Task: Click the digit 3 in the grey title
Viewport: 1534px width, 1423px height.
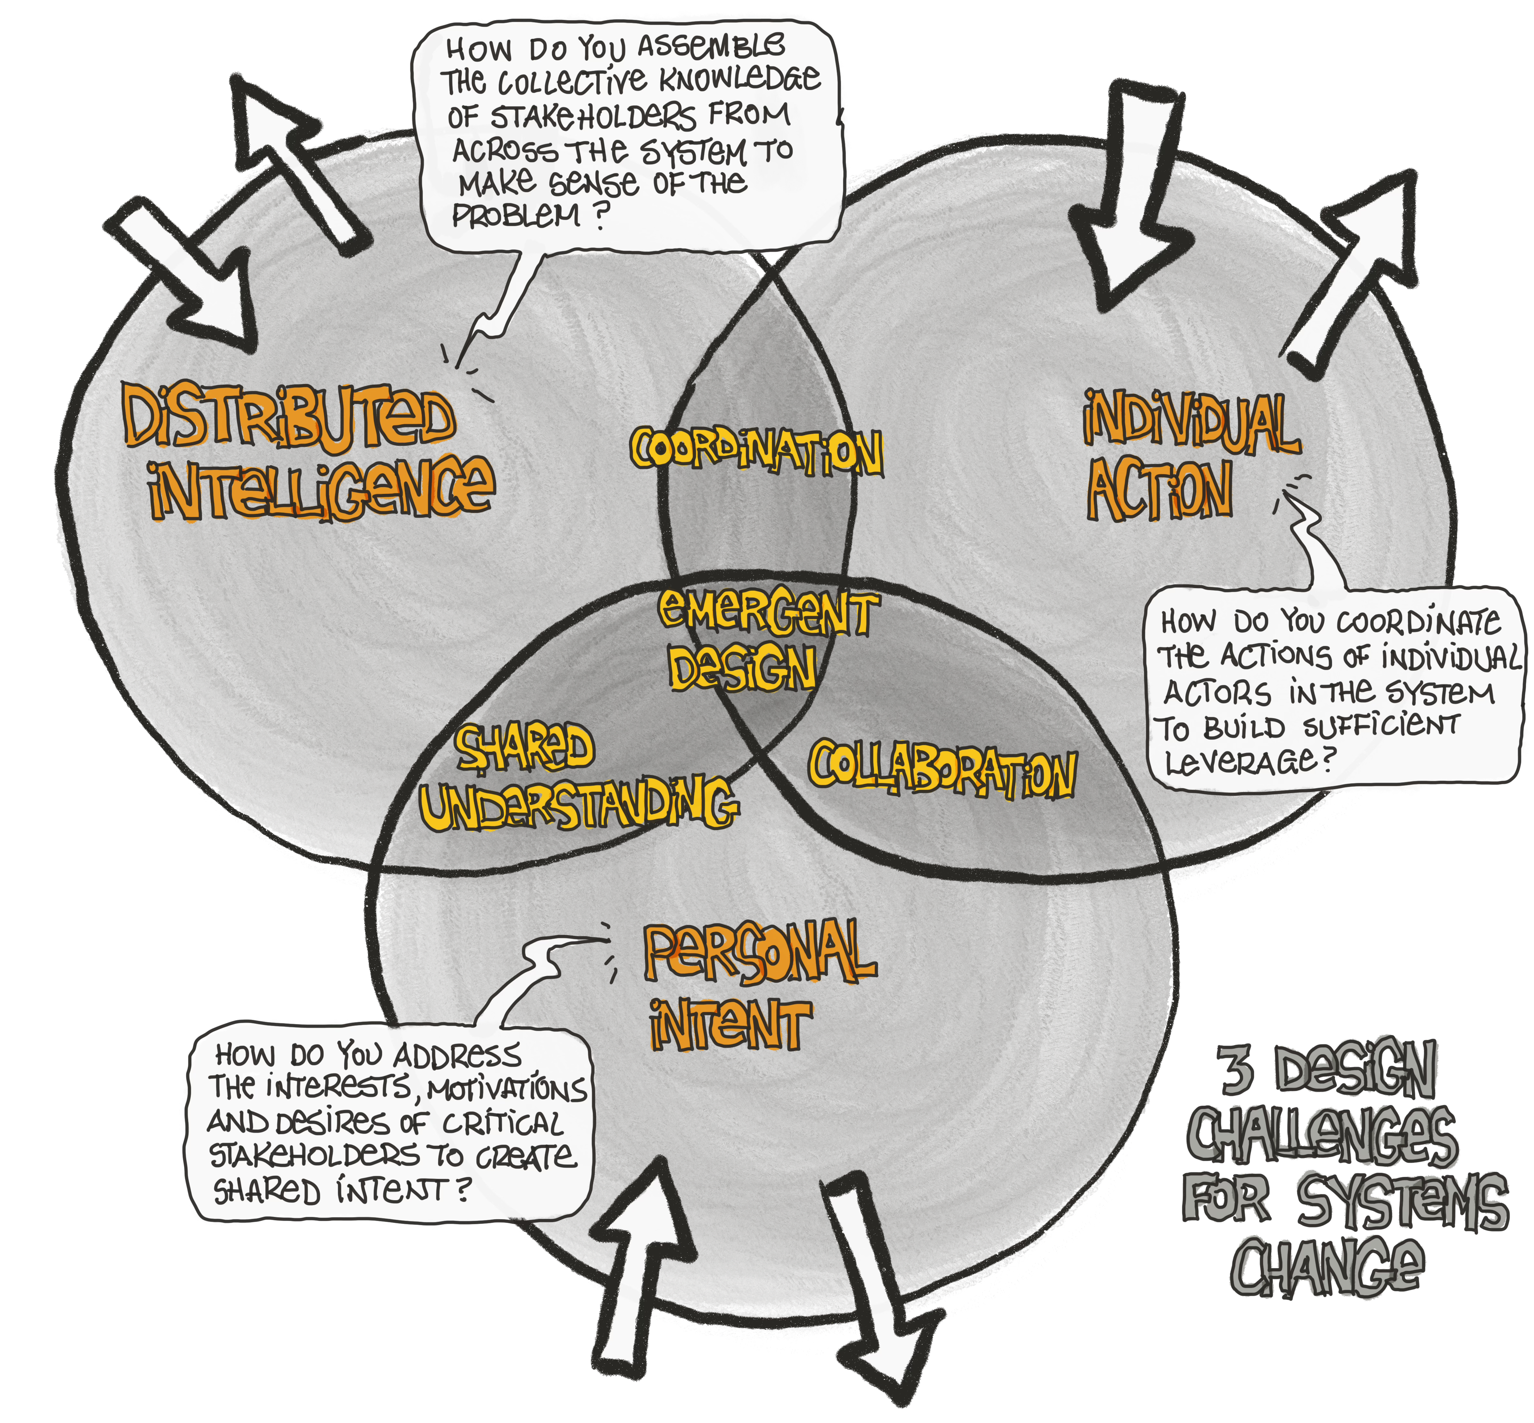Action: (1237, 1070)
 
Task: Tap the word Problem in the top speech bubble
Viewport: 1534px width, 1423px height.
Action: (516, 216)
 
